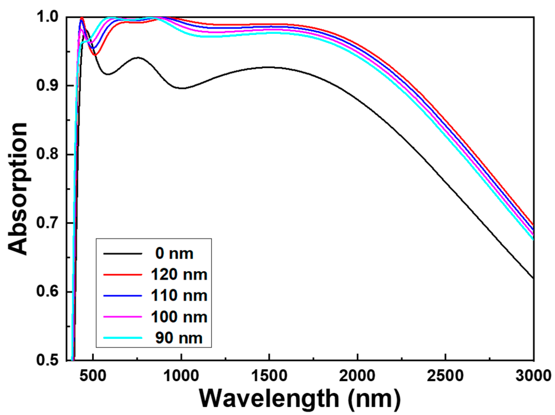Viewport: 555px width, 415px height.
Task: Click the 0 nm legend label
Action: (x=174, y=253)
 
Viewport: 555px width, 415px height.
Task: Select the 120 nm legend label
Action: (x=179, y=274)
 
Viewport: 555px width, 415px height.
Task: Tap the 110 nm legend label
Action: (x=179, y=295)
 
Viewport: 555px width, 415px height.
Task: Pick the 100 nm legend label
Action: (x=179, y=317)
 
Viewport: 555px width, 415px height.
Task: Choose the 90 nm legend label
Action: (x=179, y=338)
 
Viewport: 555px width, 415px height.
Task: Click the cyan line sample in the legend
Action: (x=123, y=338)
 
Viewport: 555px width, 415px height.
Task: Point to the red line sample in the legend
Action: (x=123, y=274)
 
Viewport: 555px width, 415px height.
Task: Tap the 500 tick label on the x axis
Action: (x=93, y=376)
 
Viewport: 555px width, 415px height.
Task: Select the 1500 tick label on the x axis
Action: (x=269, y=376)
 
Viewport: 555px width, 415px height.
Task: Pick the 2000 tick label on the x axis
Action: (x=357, y=376)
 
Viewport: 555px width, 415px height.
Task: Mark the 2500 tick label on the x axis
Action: (x=445, y=376)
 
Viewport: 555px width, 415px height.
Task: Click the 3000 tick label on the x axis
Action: (x=533, y=376)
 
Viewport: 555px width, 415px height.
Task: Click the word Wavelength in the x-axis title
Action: (x=269, y=398)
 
